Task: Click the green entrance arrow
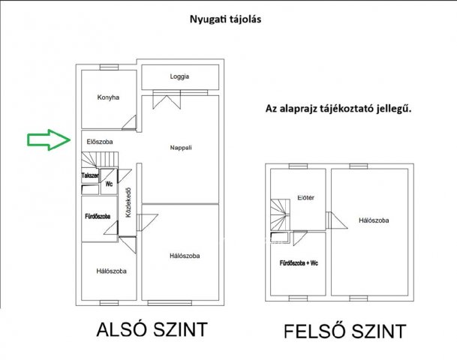pos(49,139)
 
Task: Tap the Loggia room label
pos(179,76)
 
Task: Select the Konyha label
pos(108,97)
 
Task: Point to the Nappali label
pos(181,148)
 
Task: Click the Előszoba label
pos(100,142)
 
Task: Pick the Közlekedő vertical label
pos(128,202)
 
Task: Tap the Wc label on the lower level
pos(109,184)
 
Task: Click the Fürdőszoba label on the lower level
pos(98,217)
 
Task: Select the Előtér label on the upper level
pos(306,198)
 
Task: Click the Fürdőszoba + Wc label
pos(299,263)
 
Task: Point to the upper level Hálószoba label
pos(374,220)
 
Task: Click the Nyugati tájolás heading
pos(225,19)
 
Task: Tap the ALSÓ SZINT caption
pos(152,329)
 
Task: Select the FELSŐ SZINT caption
pos(345,331)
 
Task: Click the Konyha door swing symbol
pos(129,122)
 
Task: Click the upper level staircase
pos(280,215)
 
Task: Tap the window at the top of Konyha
pos(109,67)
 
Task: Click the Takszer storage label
pos(90,175)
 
